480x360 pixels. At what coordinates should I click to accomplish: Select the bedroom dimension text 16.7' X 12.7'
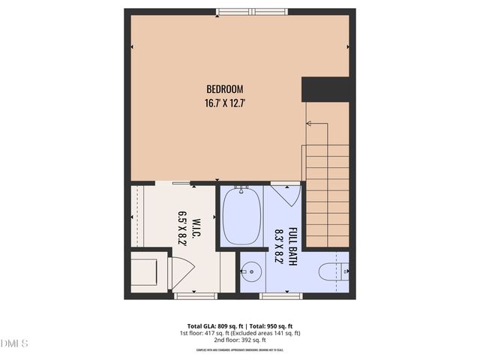pos(225,103)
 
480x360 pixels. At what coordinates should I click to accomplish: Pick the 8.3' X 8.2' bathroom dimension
pos(279,245)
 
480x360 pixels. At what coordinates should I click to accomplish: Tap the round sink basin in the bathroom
pos(252,271)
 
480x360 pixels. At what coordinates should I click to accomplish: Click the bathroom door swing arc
pos(286,194)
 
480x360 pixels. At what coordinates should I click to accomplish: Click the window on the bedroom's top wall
pos(252,12)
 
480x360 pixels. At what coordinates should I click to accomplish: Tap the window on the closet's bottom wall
pos(196,295)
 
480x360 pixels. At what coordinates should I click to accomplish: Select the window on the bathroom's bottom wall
pos(281,295)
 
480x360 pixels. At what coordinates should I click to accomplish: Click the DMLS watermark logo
pos(14,343)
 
